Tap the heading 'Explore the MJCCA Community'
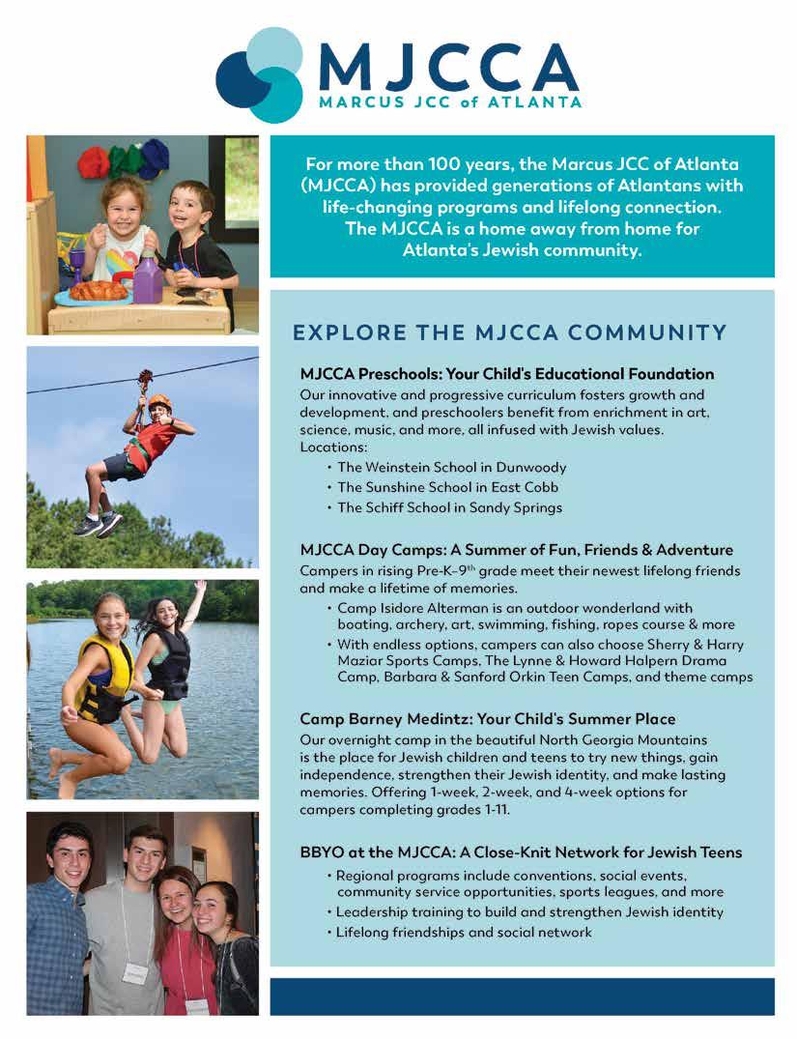coord(509,333)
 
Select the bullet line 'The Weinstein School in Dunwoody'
coord(452,467)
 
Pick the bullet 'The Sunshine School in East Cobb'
coord(447,487)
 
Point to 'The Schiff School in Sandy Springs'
coord(449,507)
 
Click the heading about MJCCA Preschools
coord(506,374)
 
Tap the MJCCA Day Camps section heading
coord(516,550)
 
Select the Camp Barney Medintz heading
coord(487,719)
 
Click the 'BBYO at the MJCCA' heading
coord(521,852)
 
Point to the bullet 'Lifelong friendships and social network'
coord(464,933)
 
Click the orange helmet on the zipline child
coord(159,402)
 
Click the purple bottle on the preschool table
coord(148,280)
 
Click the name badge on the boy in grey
coord(136,972)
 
